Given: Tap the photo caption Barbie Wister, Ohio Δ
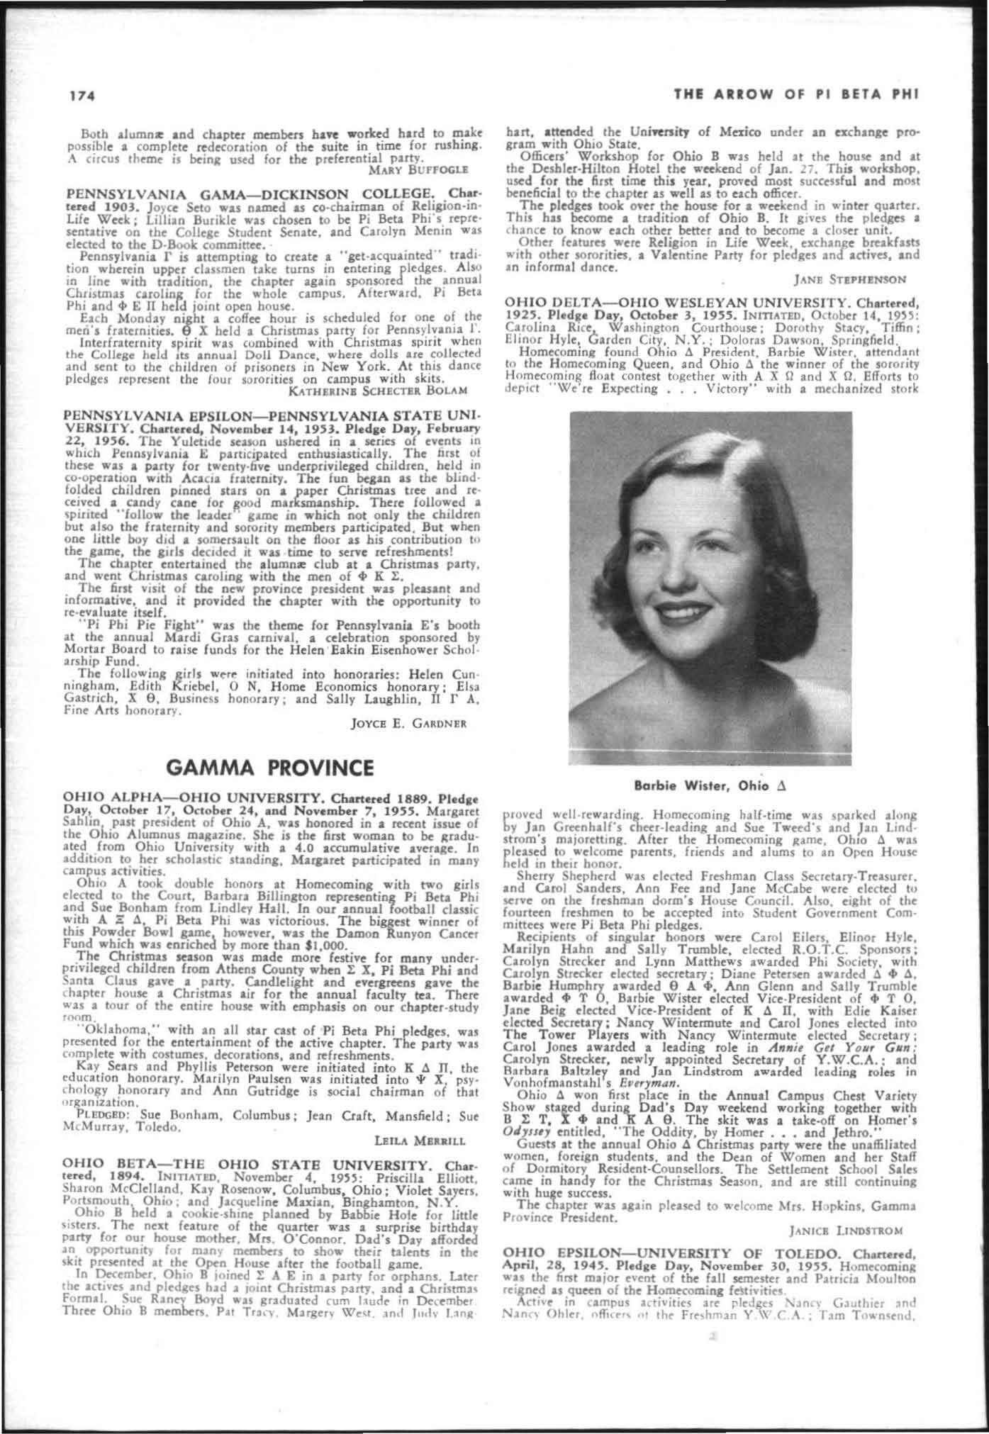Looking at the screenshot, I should pos(711,786).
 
